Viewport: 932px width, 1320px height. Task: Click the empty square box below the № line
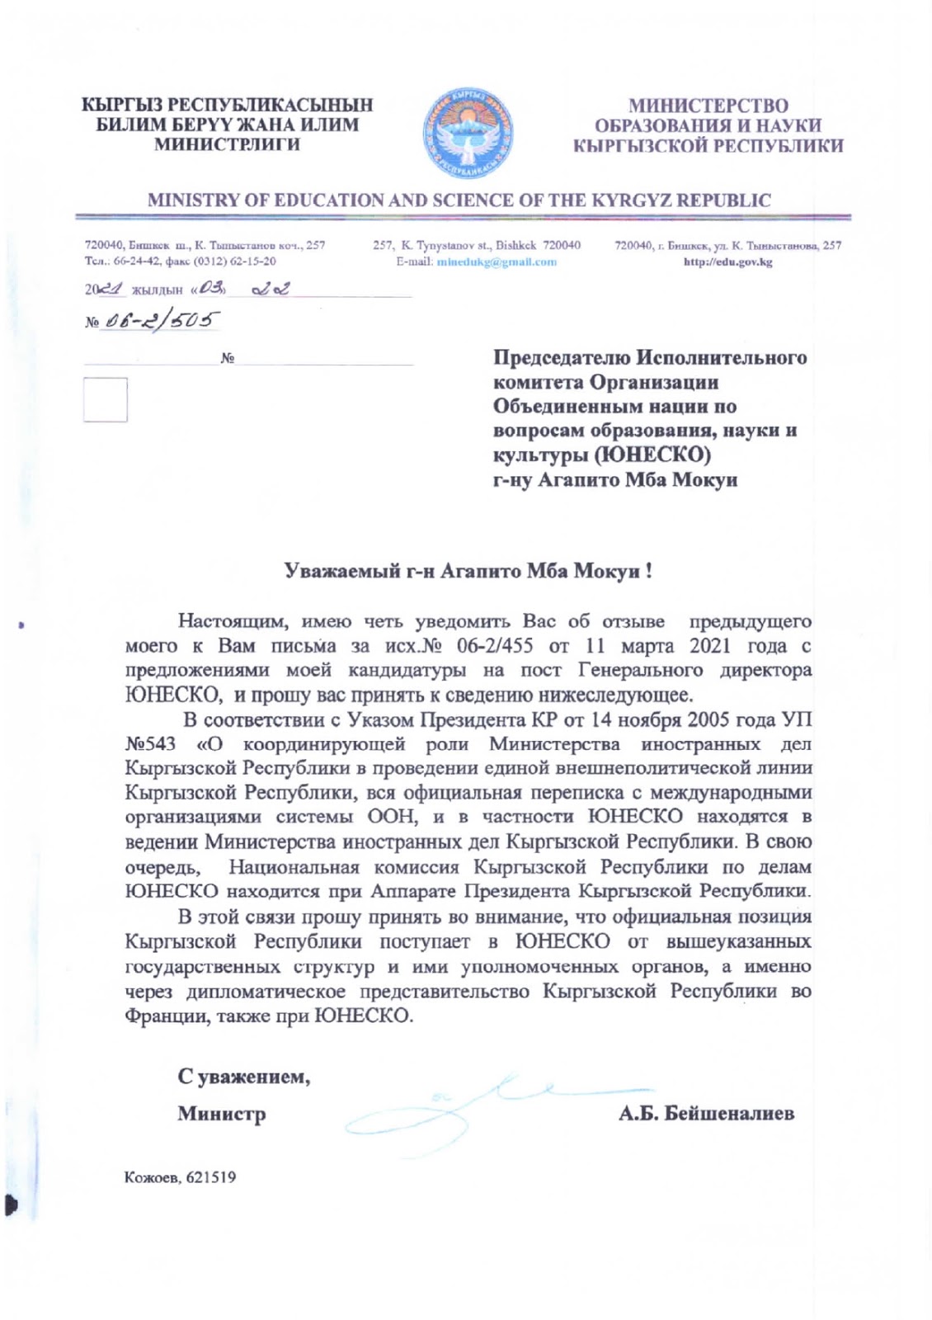click(x=105, y=400)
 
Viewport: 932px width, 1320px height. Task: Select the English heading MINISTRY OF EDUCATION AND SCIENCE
click(x=459, y=200)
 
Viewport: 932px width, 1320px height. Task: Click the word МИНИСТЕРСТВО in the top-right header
click(x=708, y=106)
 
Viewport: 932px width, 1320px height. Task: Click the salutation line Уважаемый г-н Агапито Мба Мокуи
click(x=468, y=571)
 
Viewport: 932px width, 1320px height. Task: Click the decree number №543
click(x=150, y=744)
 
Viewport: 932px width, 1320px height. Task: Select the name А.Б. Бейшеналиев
click(x=707, y=1114)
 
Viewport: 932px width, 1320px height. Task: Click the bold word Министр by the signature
click(x=222, y=1115)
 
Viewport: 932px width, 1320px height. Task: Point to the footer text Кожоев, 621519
click(x=180, y=1177)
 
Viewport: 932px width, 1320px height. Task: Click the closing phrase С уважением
click(x=244, y=1077)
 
